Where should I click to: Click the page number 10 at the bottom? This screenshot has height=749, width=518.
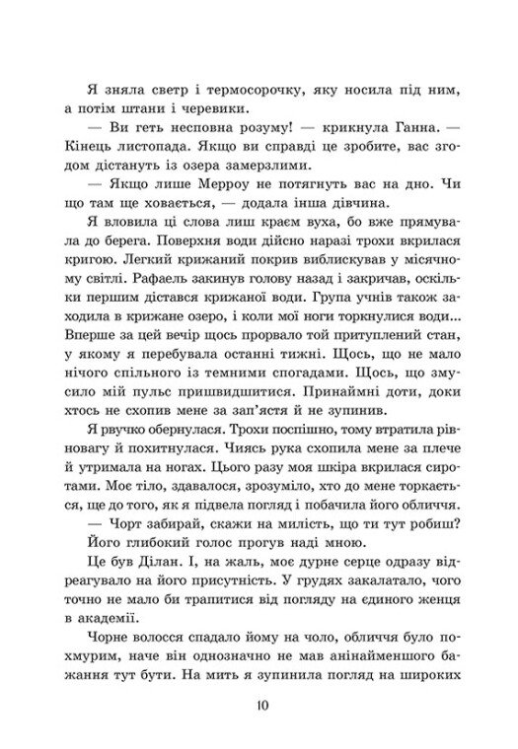click(259, 705)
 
